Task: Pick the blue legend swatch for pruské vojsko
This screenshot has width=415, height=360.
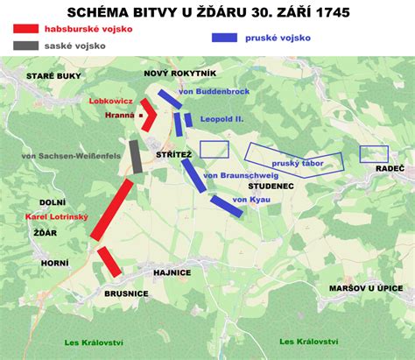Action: pyautogui.click(x=226, y=39)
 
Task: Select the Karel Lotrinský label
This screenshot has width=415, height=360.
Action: pyautogui.click(x=55, y=216)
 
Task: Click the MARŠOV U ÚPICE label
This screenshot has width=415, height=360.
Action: pyautogui.click(x=369, y=286)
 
